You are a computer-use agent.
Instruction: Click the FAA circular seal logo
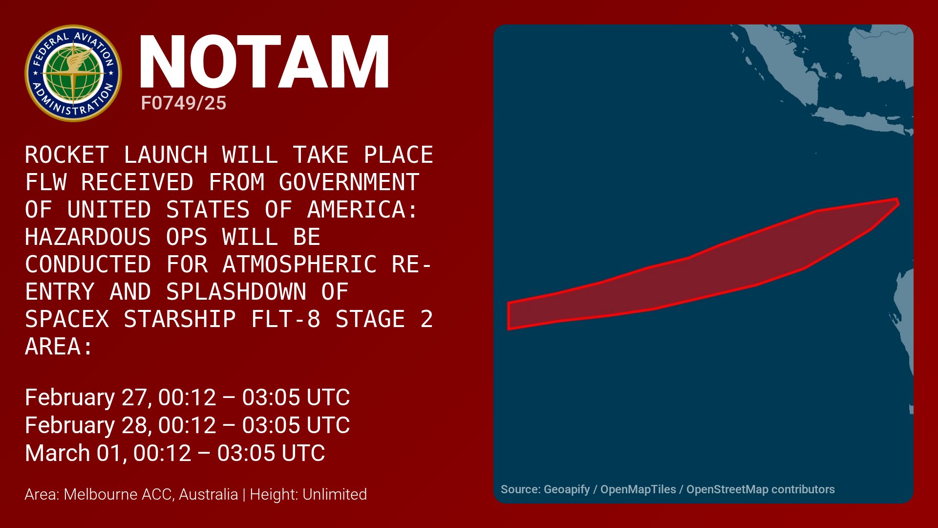pos(73,73)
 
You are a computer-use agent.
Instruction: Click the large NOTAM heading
pos(264,62)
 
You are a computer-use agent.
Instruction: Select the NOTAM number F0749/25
pos(184,103)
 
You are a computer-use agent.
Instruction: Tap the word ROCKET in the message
pos(67,155)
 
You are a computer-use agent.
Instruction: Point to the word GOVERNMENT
pos(349,182)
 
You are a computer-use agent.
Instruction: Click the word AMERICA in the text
pos(363,210)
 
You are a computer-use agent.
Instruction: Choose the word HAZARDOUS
pos(88,237)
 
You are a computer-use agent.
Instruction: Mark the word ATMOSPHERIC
pos(299,264)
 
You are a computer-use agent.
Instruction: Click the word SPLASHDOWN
pos(236,292)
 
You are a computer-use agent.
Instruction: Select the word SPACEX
pos(67,319)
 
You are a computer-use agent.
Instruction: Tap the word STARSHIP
pos(180,319)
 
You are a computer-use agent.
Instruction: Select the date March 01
pos(75,453)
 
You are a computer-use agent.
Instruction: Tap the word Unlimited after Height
pos(335,494)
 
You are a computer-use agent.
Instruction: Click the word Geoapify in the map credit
pos(567,489)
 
